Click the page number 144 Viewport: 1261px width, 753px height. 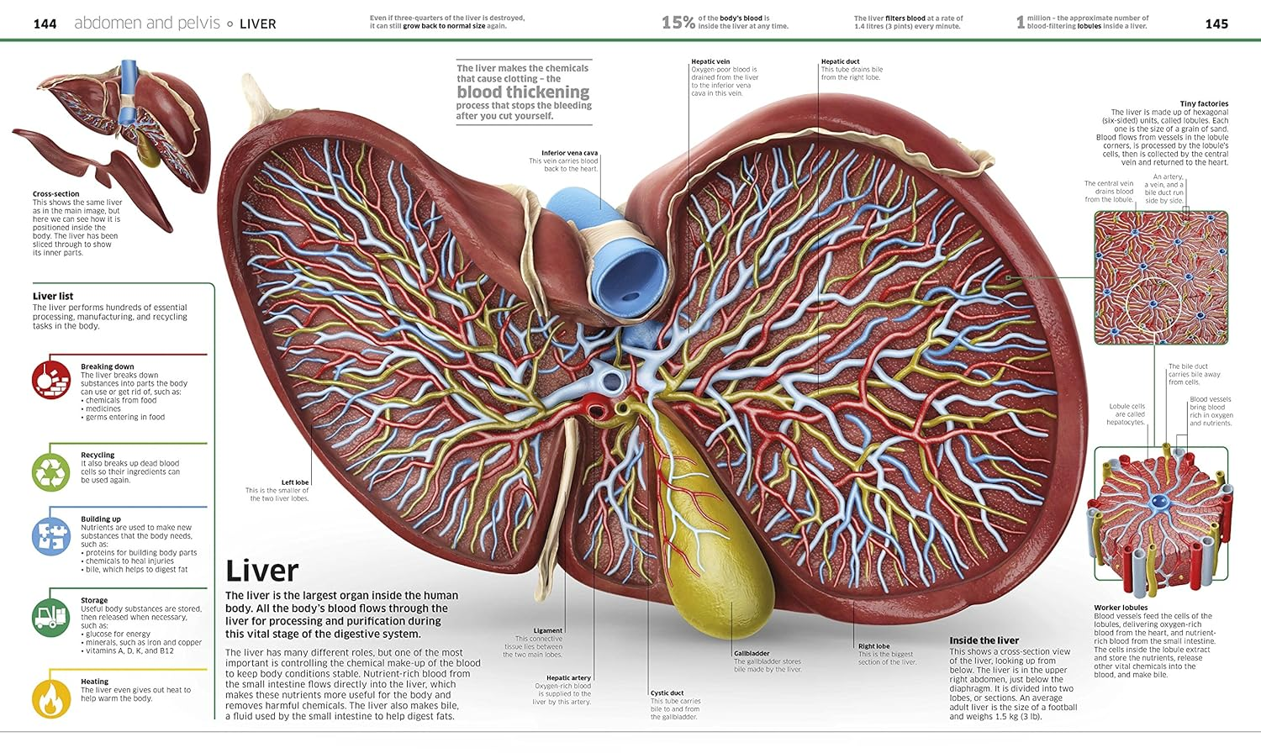[x=45, y=24]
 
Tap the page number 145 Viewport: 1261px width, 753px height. [x=1216, y=24]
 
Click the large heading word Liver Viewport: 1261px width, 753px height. [x=261, y=571]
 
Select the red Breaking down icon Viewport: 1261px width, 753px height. [x=50, y=379]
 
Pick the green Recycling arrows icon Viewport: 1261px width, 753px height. [x=50, y=472]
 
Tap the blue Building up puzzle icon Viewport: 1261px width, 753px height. [x=50, y=536]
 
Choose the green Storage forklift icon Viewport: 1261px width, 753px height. [x=50, y=618]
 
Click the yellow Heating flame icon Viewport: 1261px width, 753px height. [x=50, y=698]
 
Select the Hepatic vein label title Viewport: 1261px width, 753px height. [x=710, y=61]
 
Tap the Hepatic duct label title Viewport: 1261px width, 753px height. [x=840, y=61]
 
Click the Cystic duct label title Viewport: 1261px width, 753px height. [x=667, y=693]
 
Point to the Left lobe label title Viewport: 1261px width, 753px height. [x=295, y=482]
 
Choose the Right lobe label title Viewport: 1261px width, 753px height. [x=873, y=646]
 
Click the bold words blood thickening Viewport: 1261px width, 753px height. [x=523, y=92]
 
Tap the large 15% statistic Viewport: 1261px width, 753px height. [x=678, y=23]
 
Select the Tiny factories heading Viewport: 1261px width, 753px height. [x=1204, y=103]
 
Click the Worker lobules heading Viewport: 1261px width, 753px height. [x=1121, y=608]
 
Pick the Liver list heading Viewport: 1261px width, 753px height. [x=53, y=296]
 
